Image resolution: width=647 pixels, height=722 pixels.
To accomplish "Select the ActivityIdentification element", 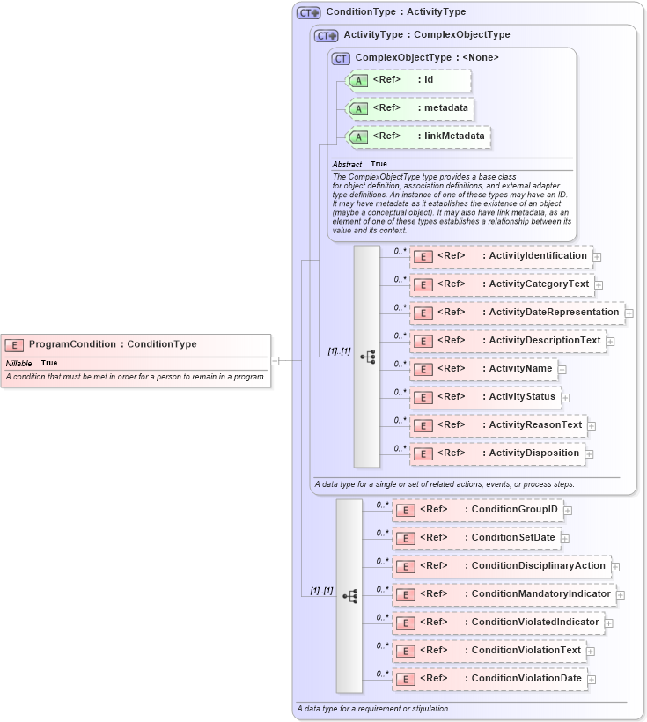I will point(501,256).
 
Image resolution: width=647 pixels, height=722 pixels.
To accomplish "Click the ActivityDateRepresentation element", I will point(517,313).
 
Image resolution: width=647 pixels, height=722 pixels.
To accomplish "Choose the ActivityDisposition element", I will point(497,453).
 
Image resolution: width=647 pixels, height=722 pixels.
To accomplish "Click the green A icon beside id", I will point(358,81).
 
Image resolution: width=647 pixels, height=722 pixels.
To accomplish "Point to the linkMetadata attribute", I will point(418,137).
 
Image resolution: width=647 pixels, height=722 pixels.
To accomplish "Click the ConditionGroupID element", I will point(478,510).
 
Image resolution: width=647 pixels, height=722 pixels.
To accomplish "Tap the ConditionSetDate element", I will point(476,538).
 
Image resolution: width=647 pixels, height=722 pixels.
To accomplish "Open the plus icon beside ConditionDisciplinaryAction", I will point(616,566).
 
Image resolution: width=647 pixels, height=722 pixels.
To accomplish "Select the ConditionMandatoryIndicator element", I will point(504,594).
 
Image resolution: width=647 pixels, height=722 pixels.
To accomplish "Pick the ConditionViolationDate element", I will point(489,679).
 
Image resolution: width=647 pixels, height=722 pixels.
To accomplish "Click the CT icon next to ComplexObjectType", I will point(341,58).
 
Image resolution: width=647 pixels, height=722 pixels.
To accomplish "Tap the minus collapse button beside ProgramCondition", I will point(276,359).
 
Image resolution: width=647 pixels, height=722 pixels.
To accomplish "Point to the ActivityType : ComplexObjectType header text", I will point(426,35).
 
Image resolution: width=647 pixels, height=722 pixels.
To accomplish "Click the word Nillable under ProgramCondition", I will point(19,363).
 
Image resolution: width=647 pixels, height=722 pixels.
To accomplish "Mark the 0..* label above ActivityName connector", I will point(401,363).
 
